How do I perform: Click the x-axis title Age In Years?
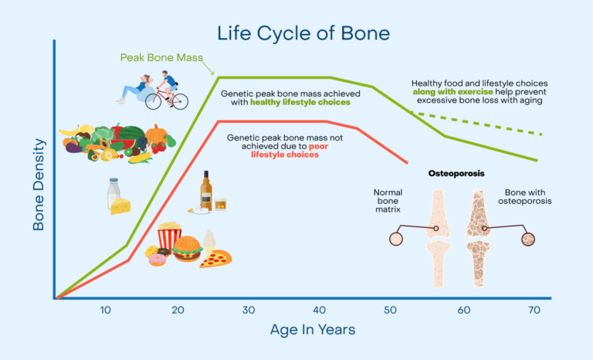coord(313,330)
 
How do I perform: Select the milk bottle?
coord(113,195)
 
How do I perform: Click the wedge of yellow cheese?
coord(121,205)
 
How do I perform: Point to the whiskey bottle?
coord(206,191)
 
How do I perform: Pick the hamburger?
coord(187,249)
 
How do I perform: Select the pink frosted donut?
coord(158,259)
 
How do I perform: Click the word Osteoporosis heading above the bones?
coord(456,174)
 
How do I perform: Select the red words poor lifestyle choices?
coord(285,150)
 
